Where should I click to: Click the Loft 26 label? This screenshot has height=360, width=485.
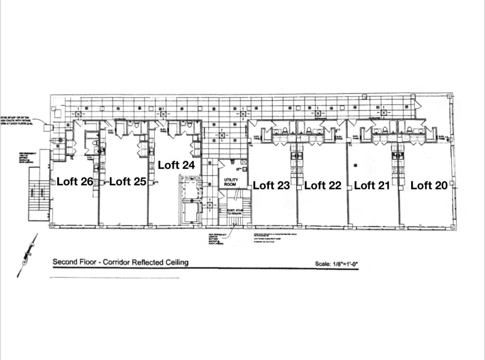click(x=75, y=182)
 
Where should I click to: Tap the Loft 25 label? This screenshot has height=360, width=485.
click(x=128, y=182)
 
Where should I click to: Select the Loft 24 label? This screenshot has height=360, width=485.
click(x=176, y=165)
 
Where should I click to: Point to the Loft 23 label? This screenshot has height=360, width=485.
click(x=271, y=185)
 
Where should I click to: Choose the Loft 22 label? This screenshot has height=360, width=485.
click(x=323, y=185)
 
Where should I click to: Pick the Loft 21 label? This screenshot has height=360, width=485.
click(x=372, y=185)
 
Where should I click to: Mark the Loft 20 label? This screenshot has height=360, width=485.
click(x=429, y=185)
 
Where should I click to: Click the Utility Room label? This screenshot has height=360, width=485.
click(x=231, y=182)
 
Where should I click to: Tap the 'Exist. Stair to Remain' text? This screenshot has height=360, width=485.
click(x=235, y=212)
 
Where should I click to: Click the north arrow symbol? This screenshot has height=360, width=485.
click(x=27, y=255)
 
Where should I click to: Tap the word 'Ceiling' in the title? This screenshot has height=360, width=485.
click(x=177, y=262)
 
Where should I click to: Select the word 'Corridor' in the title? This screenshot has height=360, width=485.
click(x=116, y=262)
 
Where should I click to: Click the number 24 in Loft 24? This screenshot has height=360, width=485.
click(x=188, y=165)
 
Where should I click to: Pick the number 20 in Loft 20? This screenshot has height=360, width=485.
click(x=441, y=185)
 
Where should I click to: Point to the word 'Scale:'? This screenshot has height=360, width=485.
click(x=323, y=264)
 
